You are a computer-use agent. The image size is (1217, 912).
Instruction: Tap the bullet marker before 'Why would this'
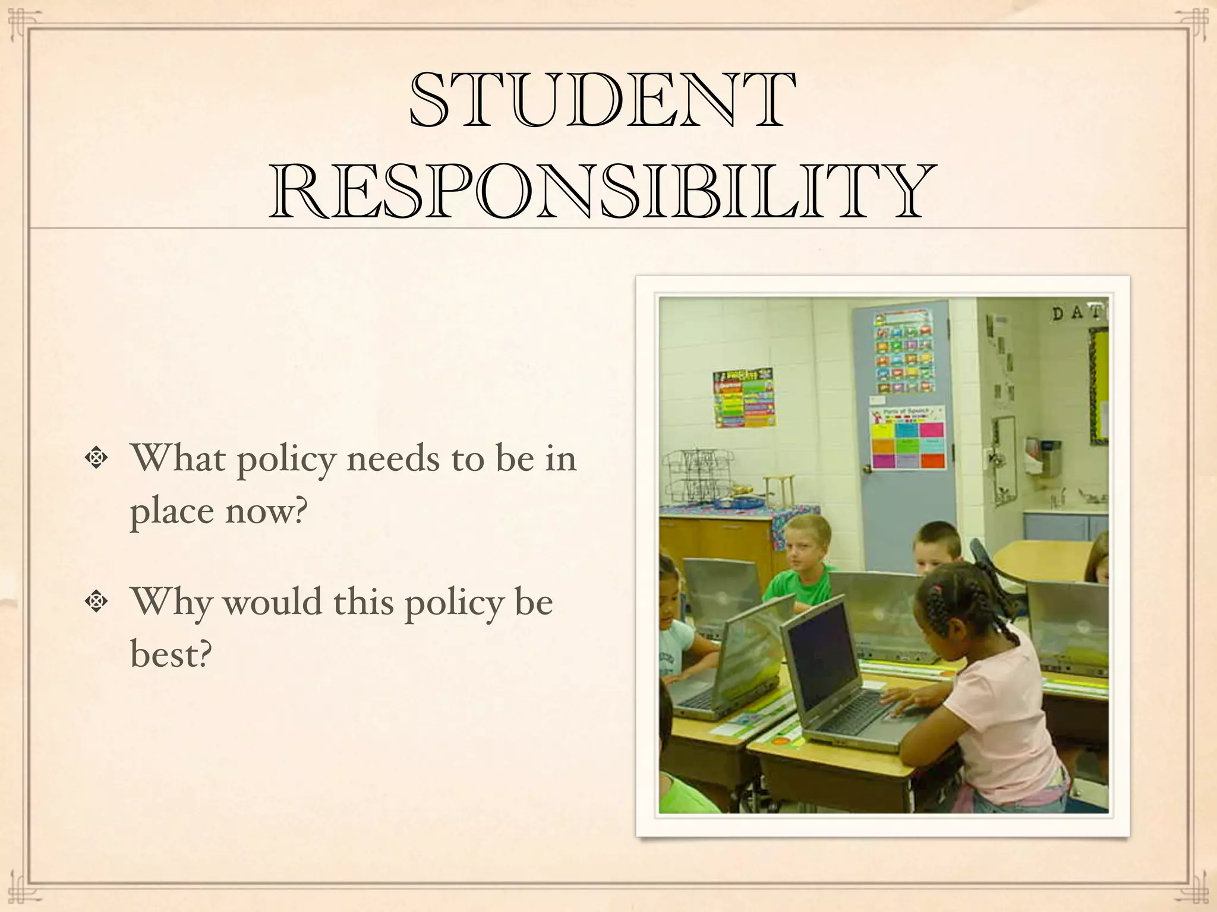tap(95, 601)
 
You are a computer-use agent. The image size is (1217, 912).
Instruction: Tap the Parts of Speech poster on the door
tap(907, 436)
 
